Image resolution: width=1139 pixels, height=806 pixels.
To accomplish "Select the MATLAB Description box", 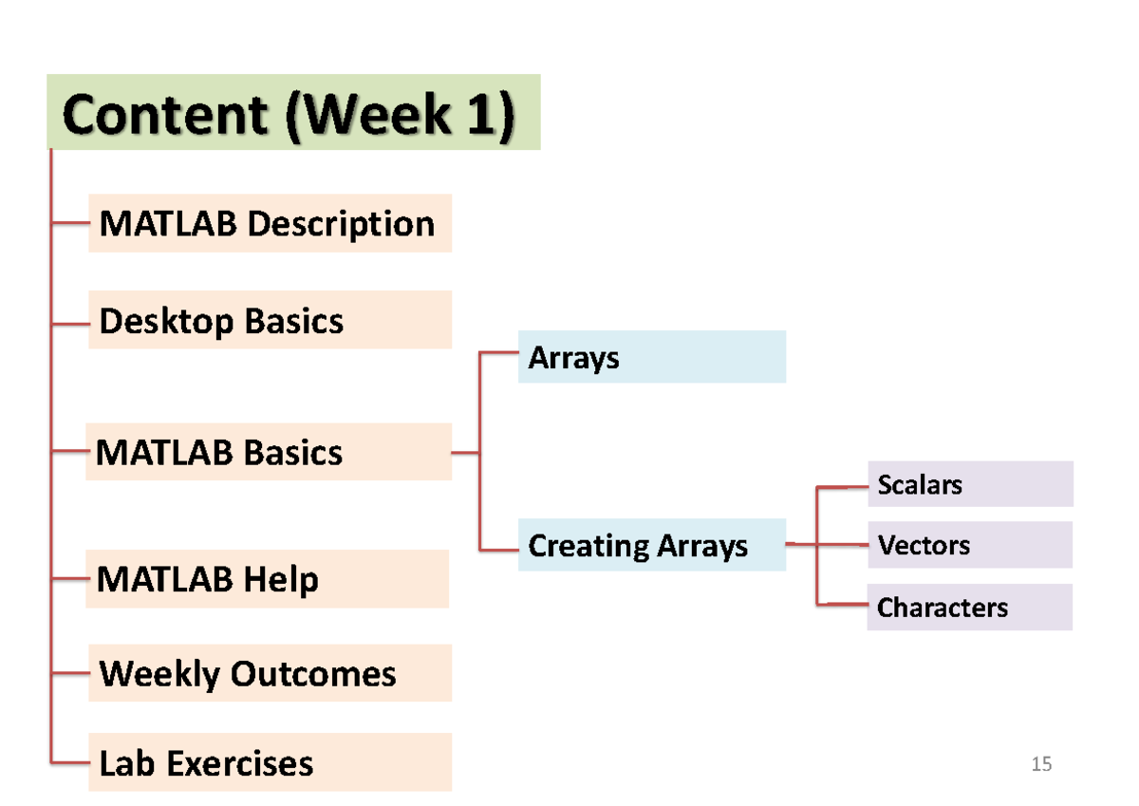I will coord(270,224).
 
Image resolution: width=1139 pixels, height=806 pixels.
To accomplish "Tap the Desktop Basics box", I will coord(270,321).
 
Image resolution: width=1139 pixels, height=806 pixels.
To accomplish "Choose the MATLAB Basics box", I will coord(269,452).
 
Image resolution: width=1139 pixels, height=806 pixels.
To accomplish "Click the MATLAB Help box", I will coord(267,579).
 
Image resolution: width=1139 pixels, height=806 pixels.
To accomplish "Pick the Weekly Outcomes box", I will coord(270,673).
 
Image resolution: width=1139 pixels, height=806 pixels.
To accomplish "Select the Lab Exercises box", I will coord(270,762).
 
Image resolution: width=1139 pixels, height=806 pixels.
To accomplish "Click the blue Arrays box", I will coord(651,357).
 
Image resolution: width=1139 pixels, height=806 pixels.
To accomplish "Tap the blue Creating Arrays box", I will coord(651,545).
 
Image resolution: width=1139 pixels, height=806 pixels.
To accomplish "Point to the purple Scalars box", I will coord(969,484).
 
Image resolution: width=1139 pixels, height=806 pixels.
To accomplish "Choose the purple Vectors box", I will coord(969,545).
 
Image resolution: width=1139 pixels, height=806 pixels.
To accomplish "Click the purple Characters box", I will coord(969,608).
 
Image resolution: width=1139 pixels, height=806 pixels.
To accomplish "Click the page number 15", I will coord(1041,764).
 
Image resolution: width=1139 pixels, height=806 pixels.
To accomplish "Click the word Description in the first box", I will coord(341,224).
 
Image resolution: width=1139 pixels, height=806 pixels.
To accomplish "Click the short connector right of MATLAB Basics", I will coord(465,453).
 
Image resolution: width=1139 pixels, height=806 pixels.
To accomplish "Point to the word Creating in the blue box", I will coord(585,546).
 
